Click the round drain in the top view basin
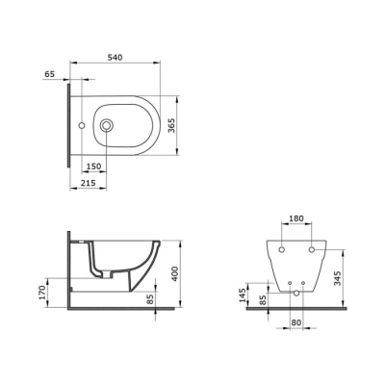(108, 124)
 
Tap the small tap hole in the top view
(84, 124)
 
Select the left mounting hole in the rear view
(280, 250)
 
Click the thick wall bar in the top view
(67, 124)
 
